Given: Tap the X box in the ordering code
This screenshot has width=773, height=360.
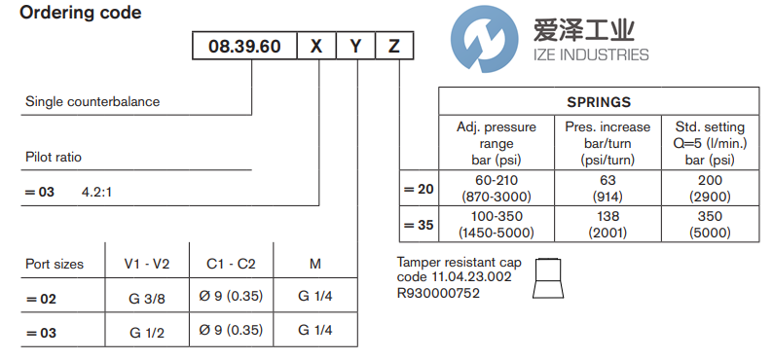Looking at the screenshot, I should coord(315,46).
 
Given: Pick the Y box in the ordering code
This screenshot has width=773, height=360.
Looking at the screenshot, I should coord(355,46).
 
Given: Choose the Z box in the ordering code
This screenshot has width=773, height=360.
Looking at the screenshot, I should coord(392,46).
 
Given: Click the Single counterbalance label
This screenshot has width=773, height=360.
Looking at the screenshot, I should coord(92,101).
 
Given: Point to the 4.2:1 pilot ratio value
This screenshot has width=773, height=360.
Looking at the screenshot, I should coord(96,192).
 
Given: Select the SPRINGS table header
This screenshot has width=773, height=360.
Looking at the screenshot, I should coord(599,101).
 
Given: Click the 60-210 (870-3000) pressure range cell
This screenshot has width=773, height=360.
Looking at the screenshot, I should coord(497,188).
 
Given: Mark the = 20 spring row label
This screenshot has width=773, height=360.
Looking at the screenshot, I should coord(420,189).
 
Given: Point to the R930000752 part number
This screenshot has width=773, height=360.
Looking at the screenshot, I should coord(438,293).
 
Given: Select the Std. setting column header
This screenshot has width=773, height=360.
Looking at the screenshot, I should coord(709,142).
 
